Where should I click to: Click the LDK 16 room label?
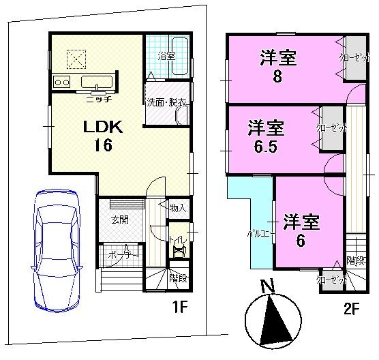(x=102, y=136)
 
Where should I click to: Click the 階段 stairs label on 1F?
(x=178, y=278)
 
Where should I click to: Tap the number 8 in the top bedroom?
(x=277, y=76)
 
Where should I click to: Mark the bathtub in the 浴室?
(x=179, y=57)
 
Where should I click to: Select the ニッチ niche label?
(x=99, y=99)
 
